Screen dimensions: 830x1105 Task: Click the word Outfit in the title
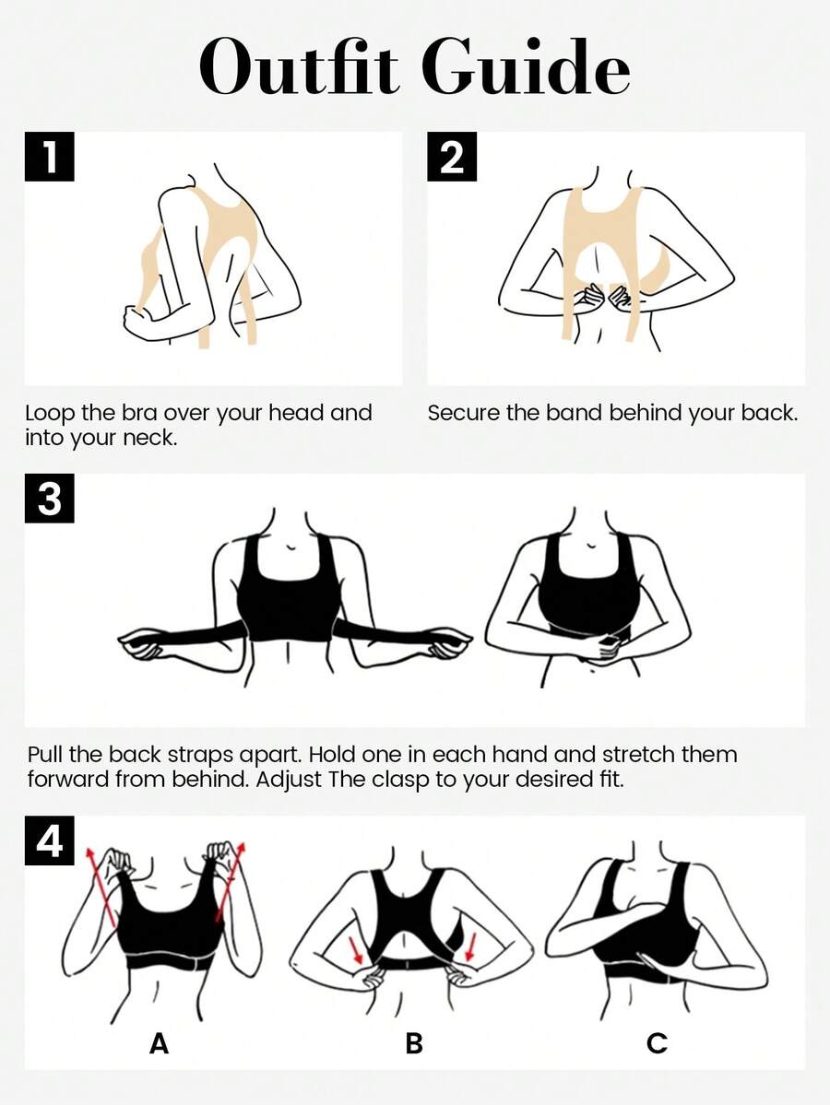point(299,67)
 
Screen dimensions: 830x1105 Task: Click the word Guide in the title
point(527,67)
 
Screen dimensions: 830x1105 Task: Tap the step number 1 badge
point(50,157)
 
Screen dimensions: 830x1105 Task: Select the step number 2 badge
point(452,157)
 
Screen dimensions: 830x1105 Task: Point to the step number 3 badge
point(50,499)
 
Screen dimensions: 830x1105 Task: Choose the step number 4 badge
point(50,840)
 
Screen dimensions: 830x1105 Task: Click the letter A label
point(160,1042)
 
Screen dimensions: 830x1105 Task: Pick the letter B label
point(414,1042)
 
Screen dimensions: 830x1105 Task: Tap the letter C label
point(657,1042)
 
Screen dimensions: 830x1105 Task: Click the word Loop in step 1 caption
point(51,413)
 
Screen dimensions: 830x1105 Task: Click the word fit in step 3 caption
point(611,780)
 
